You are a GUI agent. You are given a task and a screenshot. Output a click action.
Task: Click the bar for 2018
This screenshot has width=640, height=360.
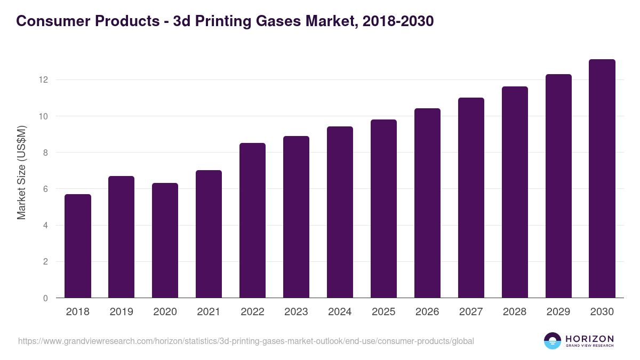[78, 246]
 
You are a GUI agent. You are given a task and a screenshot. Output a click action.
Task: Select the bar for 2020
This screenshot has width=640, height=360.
[165, 241]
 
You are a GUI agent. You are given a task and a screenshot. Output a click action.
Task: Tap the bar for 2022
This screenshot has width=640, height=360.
[253, 221]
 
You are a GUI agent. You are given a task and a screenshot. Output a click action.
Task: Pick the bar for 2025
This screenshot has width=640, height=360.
[384, 209]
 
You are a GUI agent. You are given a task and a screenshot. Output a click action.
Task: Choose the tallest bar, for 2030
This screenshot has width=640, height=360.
[602, 179]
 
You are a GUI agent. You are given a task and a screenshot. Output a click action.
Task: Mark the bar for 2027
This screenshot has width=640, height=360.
[471, 198]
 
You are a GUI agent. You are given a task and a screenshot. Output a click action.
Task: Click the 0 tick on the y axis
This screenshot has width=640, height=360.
[45, 298]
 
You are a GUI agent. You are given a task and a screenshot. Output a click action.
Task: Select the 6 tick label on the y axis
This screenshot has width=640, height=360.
[45, 189]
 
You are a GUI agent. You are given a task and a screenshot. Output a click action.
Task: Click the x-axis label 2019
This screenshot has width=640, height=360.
[122, 312]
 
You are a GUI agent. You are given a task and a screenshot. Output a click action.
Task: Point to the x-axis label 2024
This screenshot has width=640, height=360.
[340, 312]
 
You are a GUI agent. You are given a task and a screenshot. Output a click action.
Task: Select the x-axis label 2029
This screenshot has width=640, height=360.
[558, 312]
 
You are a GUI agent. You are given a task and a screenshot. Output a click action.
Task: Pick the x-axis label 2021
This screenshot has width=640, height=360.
[209, 312]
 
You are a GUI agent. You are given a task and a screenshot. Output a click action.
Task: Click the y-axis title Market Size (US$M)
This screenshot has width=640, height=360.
[21, 172]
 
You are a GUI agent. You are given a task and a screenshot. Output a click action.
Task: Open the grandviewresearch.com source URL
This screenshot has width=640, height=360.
[246, 341]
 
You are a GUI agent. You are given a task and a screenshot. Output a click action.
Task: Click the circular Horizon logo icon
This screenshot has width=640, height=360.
[553, 341]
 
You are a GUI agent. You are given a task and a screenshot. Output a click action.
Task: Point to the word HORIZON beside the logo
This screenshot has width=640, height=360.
[589, 338]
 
